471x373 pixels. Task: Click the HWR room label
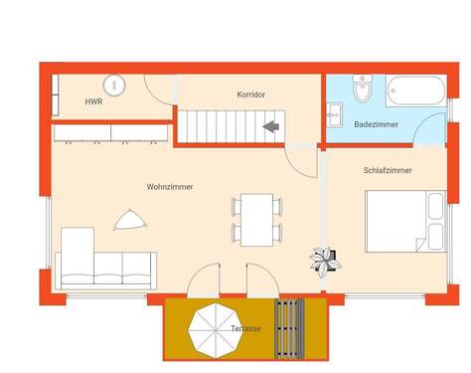(x=93, y=102)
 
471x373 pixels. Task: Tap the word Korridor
(x=250, y=94)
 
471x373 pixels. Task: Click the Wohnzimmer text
(x=170, y=187)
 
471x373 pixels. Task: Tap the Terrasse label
(x=246, y=328)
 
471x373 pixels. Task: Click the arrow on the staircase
(x=269, y=126)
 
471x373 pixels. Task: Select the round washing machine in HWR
(x=114, y=86)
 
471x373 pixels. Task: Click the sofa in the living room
(x=104, y=261)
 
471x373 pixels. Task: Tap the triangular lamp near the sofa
(x=129, y=220)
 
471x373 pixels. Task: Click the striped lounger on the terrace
(x=289, y=329)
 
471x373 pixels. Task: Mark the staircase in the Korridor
(x=231, y=126)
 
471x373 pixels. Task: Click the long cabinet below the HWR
(x=109, y=132)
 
